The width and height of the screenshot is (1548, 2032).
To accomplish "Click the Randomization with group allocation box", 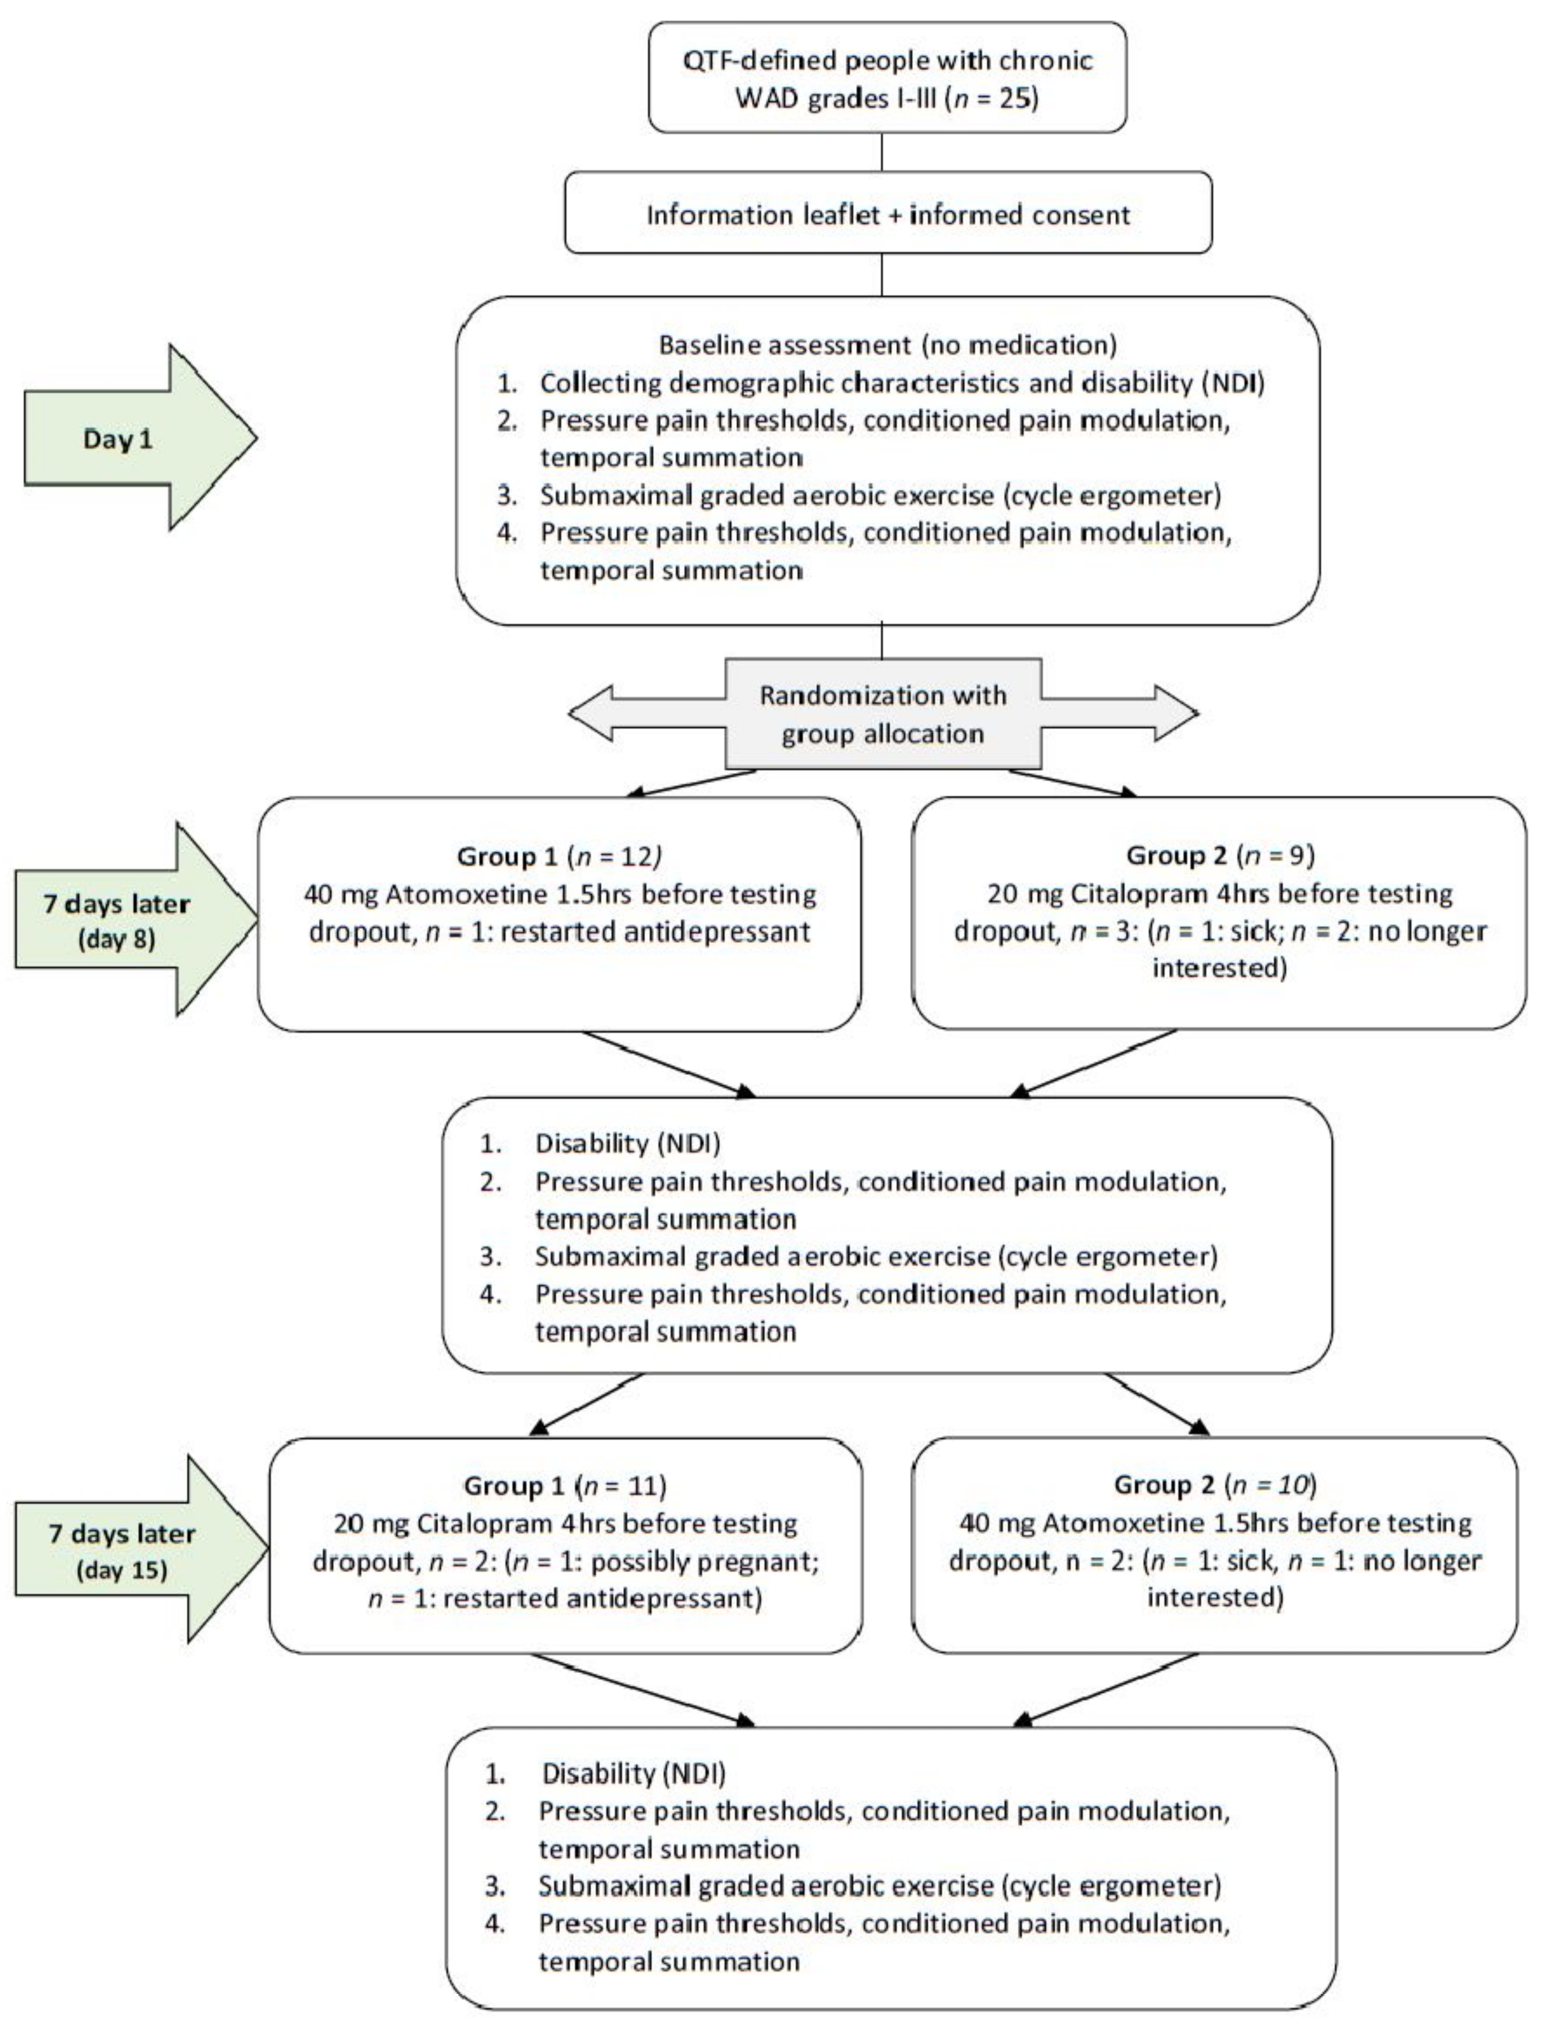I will point(883,714).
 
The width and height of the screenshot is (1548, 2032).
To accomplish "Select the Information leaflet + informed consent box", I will point(887,215).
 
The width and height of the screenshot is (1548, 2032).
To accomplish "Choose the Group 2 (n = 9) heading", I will point(1219,855).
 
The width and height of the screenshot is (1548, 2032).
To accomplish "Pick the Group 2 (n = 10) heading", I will point(1215,1485).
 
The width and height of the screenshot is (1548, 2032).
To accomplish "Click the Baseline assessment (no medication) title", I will point(887,345).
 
